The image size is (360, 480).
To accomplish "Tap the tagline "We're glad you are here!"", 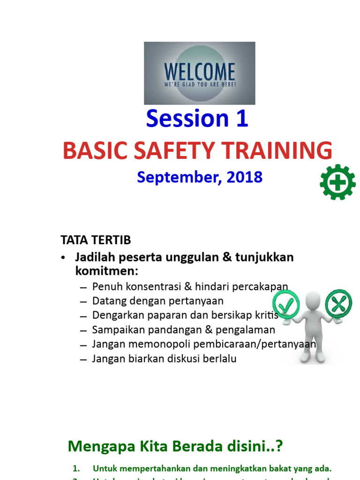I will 199,84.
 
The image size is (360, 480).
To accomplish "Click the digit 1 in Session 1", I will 241,119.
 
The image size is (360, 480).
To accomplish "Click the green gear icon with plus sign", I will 337,182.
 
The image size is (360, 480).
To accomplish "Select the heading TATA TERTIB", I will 96,240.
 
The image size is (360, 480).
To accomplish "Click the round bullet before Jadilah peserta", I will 64,258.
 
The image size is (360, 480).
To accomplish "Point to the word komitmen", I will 106,271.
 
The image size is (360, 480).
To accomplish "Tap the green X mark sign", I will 338,304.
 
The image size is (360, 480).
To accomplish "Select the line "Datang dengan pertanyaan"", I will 157,301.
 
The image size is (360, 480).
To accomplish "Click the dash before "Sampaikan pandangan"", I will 83,330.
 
